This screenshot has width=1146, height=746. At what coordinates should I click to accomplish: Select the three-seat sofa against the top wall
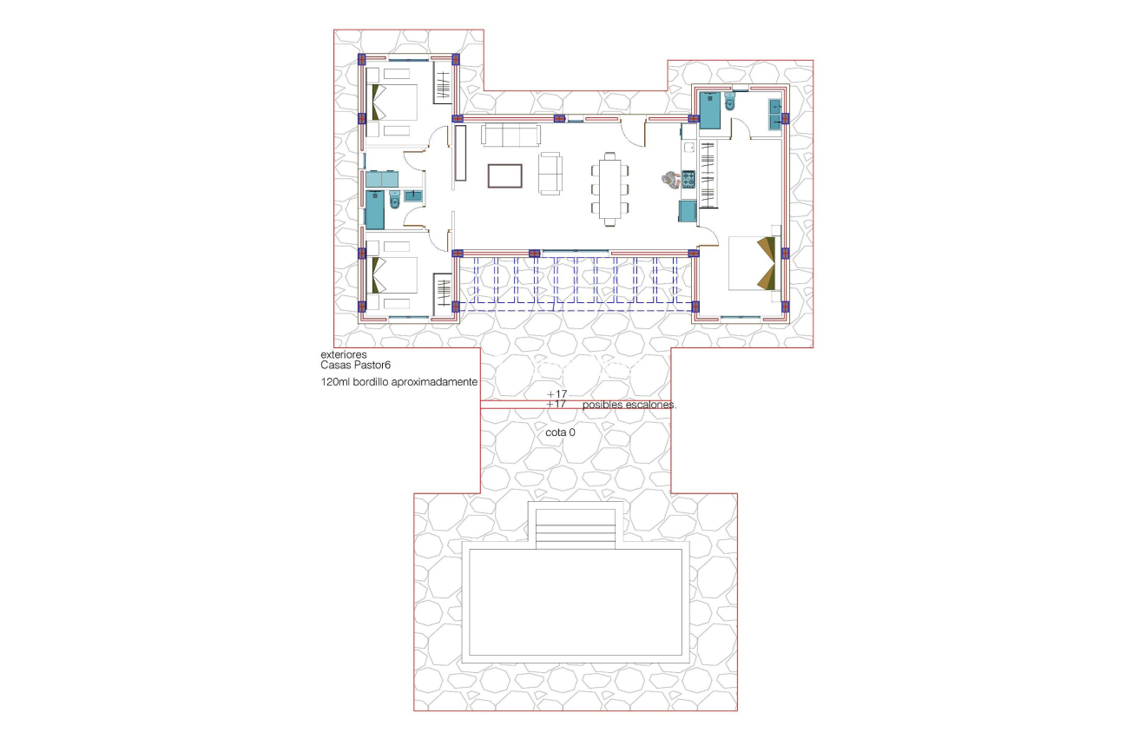tap(510, 135)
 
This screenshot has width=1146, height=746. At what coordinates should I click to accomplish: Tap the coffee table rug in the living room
tap(504, 176)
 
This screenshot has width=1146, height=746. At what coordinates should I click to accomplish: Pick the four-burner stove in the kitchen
tap(688, 180)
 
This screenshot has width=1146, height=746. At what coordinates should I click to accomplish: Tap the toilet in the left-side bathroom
tap(395, 201)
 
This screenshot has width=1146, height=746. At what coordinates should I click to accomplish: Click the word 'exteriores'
tap(344, 355)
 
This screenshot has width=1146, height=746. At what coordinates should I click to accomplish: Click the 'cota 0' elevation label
tap(560, 432)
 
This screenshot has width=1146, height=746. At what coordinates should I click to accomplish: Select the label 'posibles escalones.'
tap(629, 405)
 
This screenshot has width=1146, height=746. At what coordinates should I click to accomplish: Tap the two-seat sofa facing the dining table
tap(550, 173)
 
